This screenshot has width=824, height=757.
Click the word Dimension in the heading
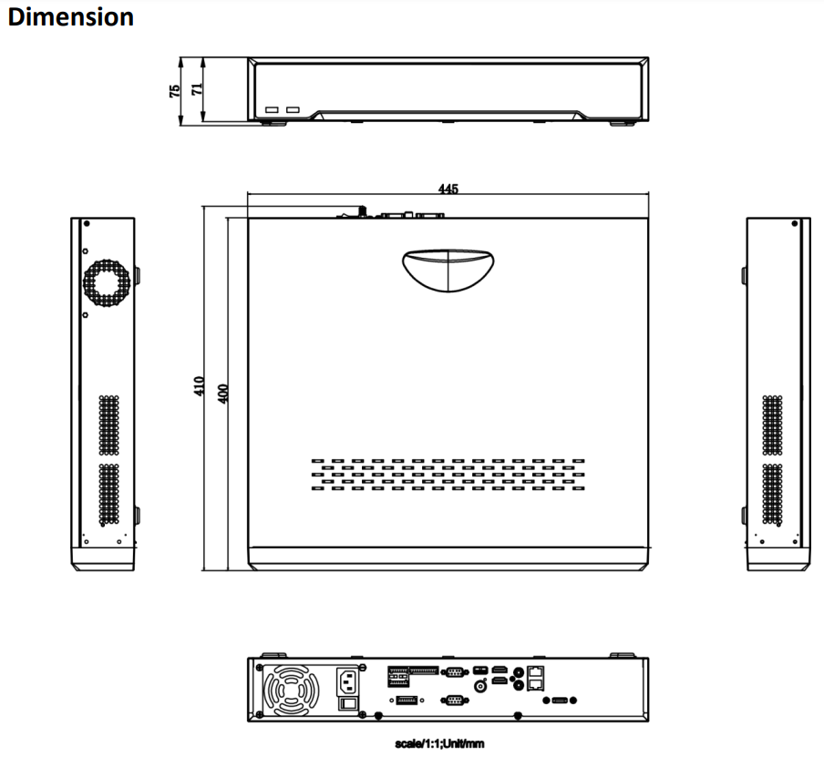70,16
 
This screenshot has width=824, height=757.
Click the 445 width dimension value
448,189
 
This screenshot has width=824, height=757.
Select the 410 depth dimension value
199,386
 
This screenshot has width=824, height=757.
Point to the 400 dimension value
222,394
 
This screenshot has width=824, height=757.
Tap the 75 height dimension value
174,91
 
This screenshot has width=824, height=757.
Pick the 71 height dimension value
197,89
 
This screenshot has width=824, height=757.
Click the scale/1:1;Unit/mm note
440,743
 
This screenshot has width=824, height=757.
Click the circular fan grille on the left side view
107,282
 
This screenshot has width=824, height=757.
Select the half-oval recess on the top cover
448,270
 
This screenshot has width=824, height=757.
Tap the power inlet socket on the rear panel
348,681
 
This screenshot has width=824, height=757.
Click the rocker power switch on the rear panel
347,703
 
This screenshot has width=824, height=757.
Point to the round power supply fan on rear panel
291,691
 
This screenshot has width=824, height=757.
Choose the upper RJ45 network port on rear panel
535,672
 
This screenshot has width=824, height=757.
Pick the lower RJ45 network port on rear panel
535,684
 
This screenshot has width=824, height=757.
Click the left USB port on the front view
272,110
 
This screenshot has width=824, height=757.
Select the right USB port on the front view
293,110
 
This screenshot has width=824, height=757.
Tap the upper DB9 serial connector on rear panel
454,672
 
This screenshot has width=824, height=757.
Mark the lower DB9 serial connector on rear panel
454,700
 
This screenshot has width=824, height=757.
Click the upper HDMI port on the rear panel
500,670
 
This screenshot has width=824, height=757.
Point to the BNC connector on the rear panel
479,686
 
